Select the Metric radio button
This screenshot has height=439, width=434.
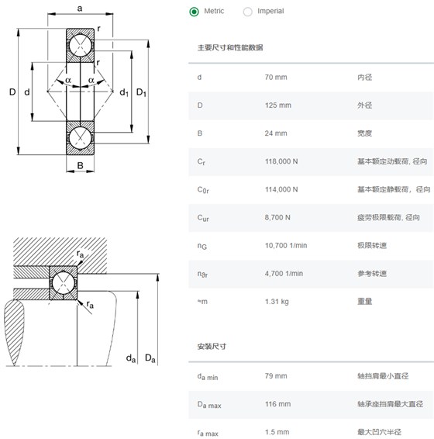click(194, 12)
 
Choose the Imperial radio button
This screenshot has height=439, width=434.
click(248, 12)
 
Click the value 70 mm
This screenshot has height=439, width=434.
click(276, 78)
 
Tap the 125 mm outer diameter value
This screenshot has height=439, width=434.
click(278, 105)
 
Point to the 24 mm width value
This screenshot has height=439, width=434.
click(276, 133)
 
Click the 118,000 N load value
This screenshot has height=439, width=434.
click(281, 161)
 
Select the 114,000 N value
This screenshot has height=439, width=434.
click(281, 189)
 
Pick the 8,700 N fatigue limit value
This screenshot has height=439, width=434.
click(277, 217)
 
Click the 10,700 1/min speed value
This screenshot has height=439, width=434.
click(286, 246)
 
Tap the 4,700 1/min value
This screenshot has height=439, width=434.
click(284, 274)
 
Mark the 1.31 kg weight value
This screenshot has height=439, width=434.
click(277, 302)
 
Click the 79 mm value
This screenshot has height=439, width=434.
click(276, 375)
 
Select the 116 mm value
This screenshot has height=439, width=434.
click(277, 404)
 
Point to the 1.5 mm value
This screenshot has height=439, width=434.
click(277, 432)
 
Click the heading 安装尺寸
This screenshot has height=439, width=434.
click(212, 347)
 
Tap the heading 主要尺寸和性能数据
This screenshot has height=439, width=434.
click(230, 47)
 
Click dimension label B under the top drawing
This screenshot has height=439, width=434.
click(80, 165)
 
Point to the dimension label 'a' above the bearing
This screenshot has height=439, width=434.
click(80, 9)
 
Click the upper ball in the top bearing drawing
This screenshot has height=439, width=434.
click(81, 45)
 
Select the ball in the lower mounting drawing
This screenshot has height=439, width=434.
click(64, 283)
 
